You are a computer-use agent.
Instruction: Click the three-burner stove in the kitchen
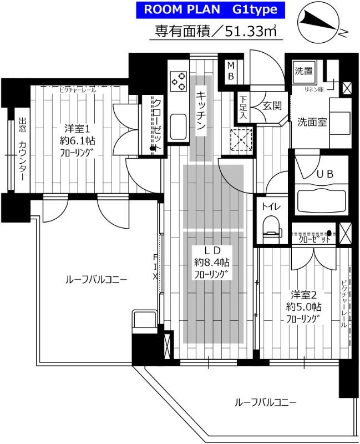[179, 83]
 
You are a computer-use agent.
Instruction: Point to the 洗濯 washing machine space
[303, 71]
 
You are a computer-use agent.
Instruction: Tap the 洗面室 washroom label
[311, 122]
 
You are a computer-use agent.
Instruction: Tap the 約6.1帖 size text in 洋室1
[74, 140]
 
